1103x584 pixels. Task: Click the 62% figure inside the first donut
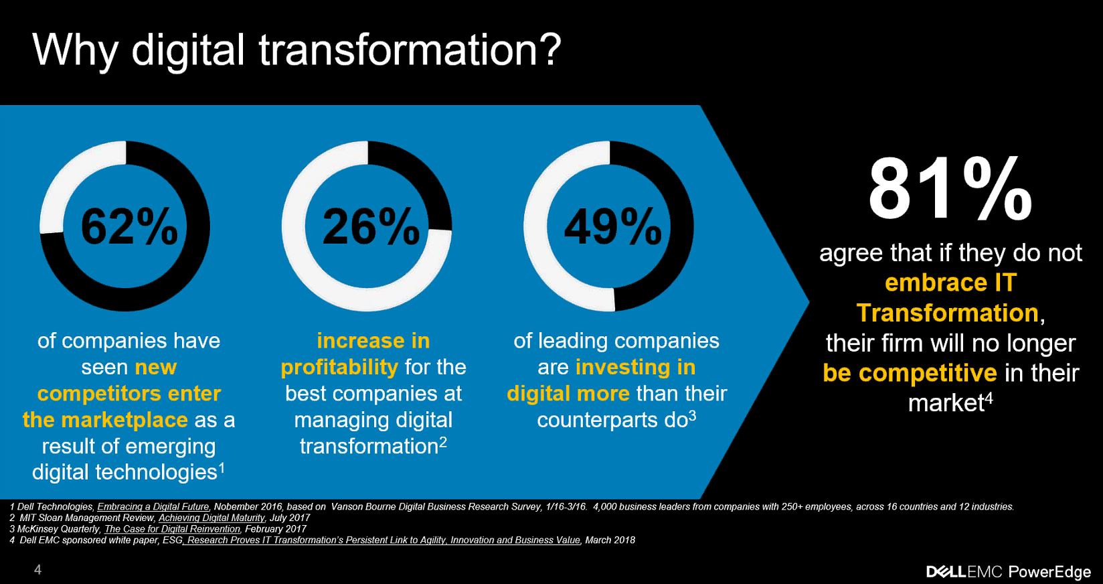[x=129, y=226]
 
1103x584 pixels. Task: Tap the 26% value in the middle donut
[x=371, y=226]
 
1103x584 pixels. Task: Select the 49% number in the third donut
[x=612, y=226]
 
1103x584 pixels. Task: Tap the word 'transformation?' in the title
[x=410, y=50]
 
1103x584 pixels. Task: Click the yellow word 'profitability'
[x=339, y=368]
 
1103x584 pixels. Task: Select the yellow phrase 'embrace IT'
[x=950, y=283]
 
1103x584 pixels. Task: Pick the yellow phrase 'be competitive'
[x=910, y=373]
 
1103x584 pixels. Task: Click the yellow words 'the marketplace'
[x=105, y=420]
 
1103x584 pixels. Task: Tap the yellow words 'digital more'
[x=568, y=394]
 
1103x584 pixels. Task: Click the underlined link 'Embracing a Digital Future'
[x=153, y=506]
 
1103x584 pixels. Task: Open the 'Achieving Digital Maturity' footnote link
[x=211, y=518]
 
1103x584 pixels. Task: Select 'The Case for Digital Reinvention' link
[x=173, y=529]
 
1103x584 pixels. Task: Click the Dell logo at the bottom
[x=946, y=572]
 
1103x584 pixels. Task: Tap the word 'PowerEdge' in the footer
[x=1049, y=572]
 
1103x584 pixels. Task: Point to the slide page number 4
[x=38, y=570]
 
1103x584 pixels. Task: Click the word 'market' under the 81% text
[x=946, y=404]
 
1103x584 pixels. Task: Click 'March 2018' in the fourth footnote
[x=610, y=540]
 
